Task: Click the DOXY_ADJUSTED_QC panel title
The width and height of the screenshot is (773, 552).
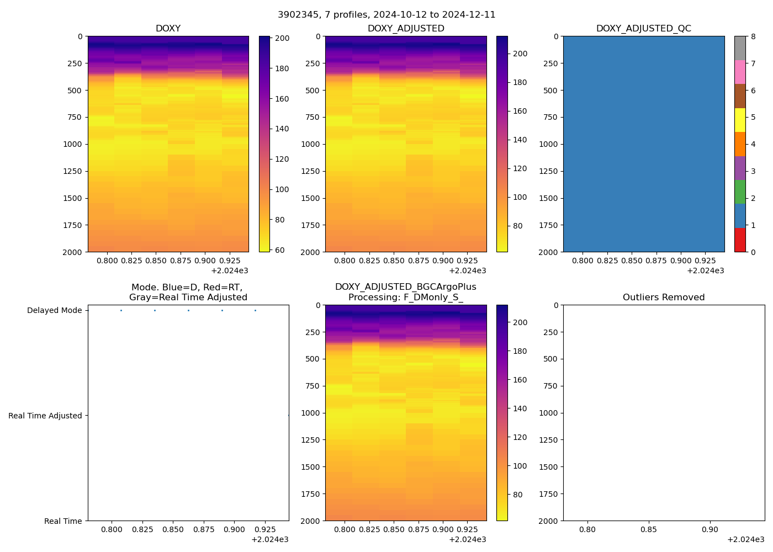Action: coord(643,29)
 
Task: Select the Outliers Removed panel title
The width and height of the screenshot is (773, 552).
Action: coord(664,298)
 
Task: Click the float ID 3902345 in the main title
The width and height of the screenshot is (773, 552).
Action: coord(298,15)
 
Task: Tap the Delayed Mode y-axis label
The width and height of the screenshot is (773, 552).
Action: coord(54,311)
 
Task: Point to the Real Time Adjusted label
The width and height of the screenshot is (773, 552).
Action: coord(45,416)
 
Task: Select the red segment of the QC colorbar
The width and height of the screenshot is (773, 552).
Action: coord(740,240)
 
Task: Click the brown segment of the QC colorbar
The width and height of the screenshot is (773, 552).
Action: coord(740,96)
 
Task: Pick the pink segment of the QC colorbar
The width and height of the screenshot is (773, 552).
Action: coord(740,72)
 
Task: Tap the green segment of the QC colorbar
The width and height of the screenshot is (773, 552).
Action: coord(740,192)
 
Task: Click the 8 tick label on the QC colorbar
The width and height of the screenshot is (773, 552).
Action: coord(753,36)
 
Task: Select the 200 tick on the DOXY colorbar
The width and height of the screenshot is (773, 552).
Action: coord(282,39)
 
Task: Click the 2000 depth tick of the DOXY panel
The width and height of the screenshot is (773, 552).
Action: coord(73,252)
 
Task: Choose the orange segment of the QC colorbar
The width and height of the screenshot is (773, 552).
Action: coord(740,144)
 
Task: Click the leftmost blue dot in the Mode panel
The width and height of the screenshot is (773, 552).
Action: coord(121,311)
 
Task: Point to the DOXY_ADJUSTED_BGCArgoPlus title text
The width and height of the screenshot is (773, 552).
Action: coord(405,287)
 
